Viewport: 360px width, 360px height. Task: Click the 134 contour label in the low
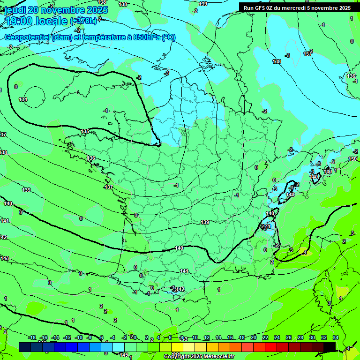23,99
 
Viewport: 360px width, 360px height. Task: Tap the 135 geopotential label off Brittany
85,132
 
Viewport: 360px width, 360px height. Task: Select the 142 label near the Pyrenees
180,290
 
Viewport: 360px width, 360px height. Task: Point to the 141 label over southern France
184,271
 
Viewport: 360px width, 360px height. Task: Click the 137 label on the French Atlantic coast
109,187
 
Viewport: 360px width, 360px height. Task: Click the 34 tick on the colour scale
336,337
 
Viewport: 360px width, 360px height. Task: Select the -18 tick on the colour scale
32,337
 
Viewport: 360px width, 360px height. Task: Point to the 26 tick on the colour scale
289,337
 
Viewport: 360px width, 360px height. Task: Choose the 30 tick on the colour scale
312,337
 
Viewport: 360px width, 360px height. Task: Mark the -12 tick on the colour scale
67,337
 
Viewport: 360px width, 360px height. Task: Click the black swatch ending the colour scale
330,347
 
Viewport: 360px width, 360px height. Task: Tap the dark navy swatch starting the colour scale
25,347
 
